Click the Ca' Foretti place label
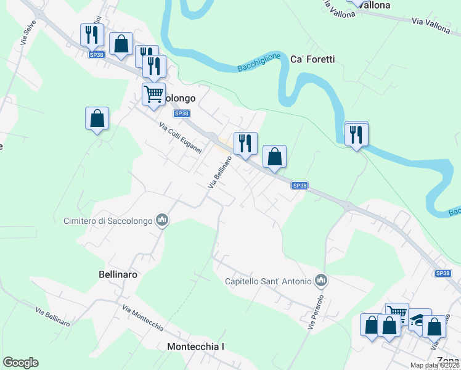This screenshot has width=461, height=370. point(312,59)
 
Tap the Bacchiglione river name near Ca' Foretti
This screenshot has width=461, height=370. point(259,63)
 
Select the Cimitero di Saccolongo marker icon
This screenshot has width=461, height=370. point(162,220)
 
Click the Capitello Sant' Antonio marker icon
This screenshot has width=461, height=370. point(320,281)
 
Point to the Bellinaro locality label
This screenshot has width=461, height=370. point(118,273)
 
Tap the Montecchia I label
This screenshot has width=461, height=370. point(195,347)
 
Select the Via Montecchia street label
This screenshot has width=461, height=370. point(142,318)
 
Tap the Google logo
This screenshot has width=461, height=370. point(20,363)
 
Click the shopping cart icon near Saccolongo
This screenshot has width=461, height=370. point(153,94)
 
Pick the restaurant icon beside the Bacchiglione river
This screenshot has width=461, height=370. point(356,134)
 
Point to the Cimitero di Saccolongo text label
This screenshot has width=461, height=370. point(108,220)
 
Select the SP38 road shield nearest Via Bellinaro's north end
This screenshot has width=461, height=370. point(182,113)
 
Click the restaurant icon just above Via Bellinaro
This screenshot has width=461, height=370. point(245,143)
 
